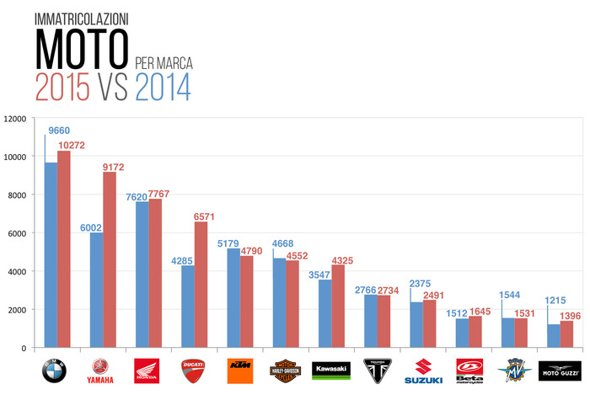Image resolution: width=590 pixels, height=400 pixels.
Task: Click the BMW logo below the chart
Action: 54,371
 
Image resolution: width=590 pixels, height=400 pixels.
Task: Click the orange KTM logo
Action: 240,371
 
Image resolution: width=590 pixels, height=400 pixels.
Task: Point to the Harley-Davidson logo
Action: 286,371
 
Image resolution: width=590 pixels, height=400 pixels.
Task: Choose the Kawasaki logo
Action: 331,370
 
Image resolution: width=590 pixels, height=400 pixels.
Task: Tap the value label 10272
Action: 73,146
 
